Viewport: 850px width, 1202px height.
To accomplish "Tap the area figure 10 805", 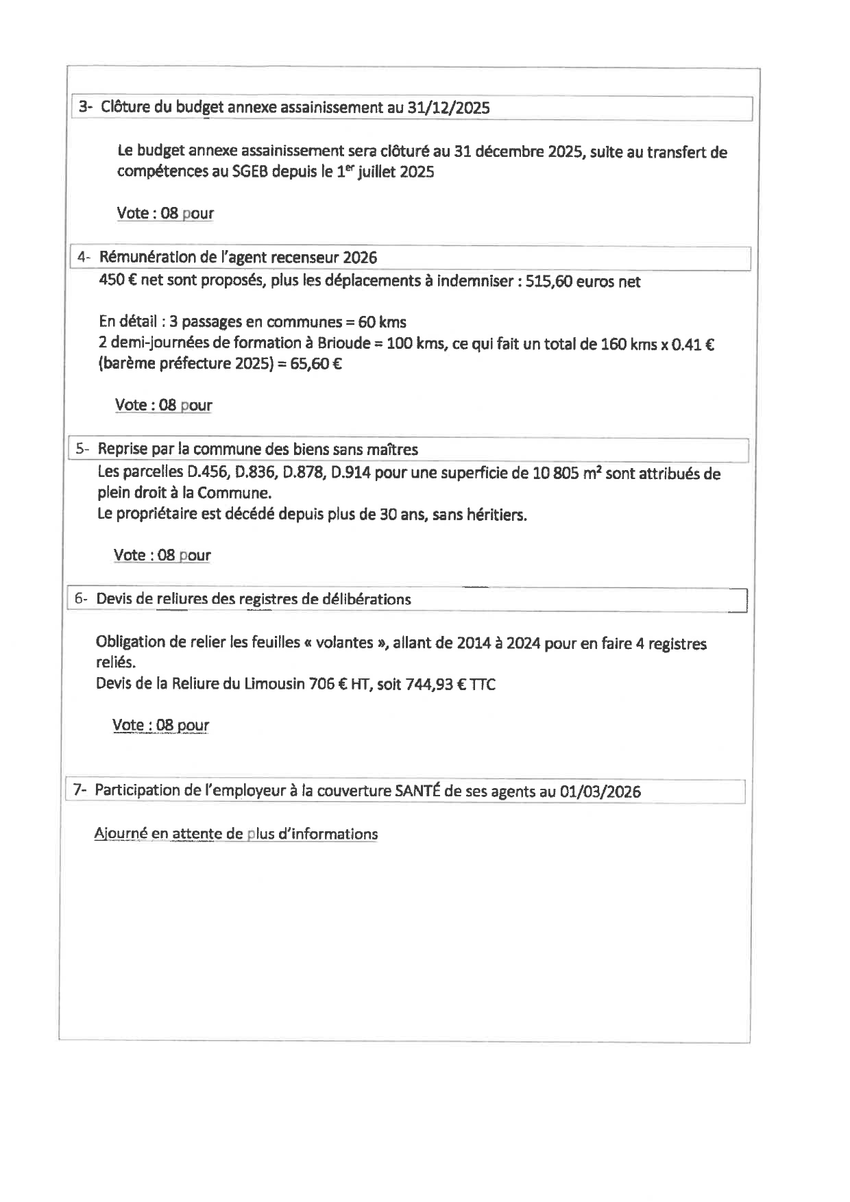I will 555,473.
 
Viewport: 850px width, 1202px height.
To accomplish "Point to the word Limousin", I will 274,684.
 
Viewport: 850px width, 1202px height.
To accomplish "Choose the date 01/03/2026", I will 600,792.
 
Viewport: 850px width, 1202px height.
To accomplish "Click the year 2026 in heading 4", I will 360,258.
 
